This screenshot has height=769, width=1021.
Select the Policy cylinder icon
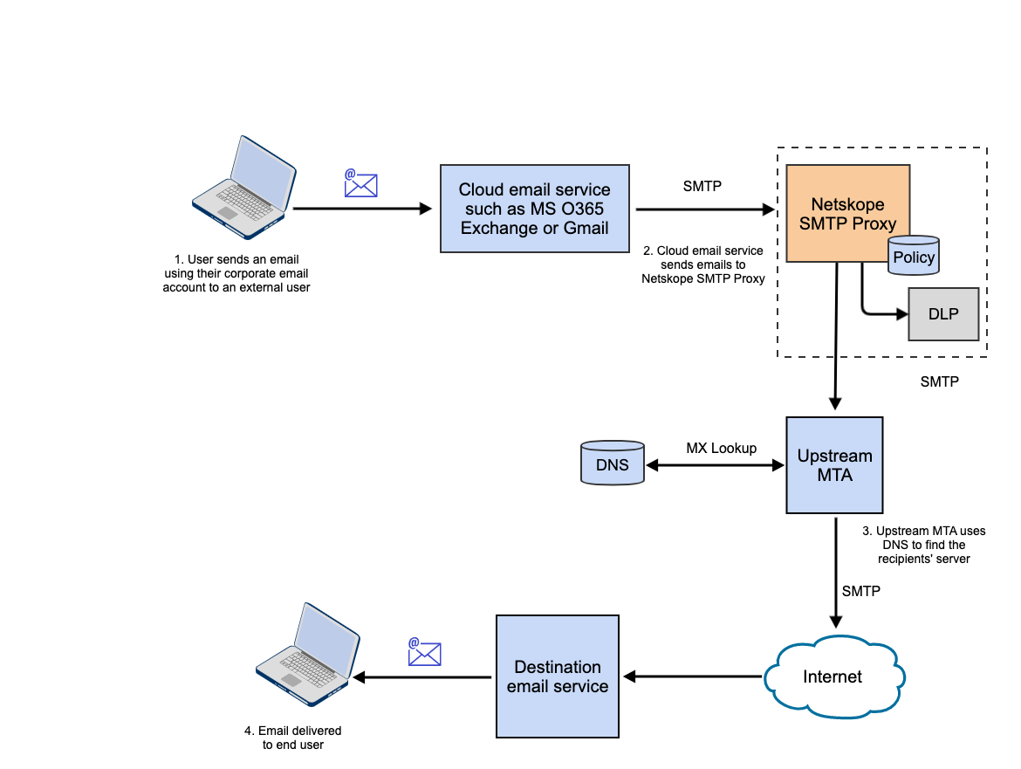[914, 257]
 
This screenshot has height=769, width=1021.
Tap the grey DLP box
[943, 314]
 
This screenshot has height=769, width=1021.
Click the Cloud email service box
[534, 209]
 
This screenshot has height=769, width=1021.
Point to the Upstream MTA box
[834, 465]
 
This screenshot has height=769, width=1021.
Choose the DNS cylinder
[612, 463]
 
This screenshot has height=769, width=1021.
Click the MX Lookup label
[721, 448]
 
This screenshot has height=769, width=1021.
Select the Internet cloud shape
[833, 676]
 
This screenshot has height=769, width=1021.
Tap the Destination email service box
[557, 676]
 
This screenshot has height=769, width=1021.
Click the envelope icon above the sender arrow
[360, 183]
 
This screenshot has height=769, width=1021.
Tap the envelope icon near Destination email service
[424, 653]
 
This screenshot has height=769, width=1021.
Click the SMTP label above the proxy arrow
[702, 186]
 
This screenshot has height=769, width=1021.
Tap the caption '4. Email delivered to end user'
[293, 738]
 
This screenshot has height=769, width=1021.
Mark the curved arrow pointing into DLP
[877, 310]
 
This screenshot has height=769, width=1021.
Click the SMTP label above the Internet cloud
[860, 591]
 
